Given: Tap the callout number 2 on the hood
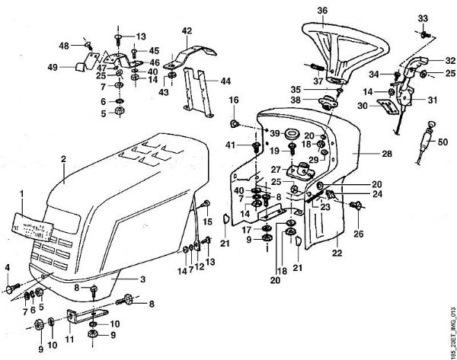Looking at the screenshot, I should [x=64, y=158].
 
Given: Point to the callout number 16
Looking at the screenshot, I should [x=235, y=100].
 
